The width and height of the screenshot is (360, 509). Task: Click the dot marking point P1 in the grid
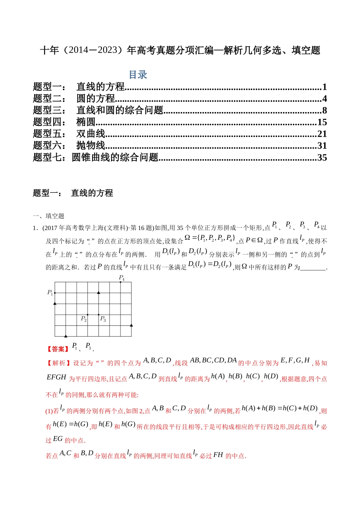coord(55,293)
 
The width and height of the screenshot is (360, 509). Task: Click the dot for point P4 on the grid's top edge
coord(121,282)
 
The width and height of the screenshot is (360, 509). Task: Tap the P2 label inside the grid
coord(84,319)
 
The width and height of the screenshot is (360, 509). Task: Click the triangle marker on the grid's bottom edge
coord(66,336)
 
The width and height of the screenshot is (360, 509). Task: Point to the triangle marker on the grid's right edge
coord(131,325)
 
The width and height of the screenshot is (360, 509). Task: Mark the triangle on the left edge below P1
coord(55,303)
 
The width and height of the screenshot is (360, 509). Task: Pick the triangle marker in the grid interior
coord(99,292)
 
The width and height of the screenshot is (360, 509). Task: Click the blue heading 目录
coord(138,75)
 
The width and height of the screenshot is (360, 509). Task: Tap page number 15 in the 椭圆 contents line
coord(322,122)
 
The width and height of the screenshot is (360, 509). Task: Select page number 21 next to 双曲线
coord(322,134)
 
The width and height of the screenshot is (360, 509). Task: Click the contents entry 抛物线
coord(91,146)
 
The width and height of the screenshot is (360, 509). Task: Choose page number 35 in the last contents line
coord(322,158)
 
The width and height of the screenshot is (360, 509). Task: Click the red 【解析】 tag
coord(58,363)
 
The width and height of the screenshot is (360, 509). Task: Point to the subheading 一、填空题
coord(49,216)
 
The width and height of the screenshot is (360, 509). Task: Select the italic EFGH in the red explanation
coord(56,378)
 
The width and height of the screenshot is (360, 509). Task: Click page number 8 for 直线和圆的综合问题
coord(324,111)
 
